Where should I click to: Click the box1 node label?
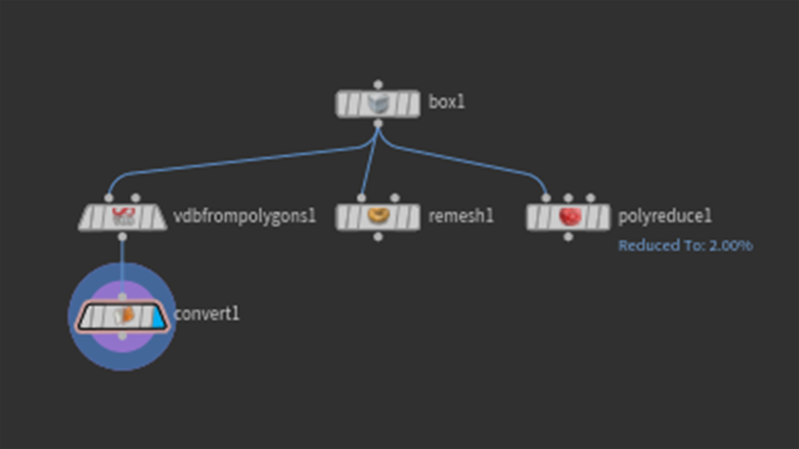point(446,102)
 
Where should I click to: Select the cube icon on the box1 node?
point(378,104)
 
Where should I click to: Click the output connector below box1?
point(378,124)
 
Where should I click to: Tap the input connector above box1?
point(378,85)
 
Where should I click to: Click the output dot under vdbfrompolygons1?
point(122,237)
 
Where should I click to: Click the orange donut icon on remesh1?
point(378,216)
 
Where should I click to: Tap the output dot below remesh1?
point(378,237)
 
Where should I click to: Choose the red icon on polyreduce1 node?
point(569,217)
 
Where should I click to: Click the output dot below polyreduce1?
point(568,237)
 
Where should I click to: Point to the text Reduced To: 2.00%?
point(685,246)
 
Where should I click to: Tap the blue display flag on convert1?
point(158,318)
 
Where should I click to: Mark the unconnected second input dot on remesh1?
point(395,198)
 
